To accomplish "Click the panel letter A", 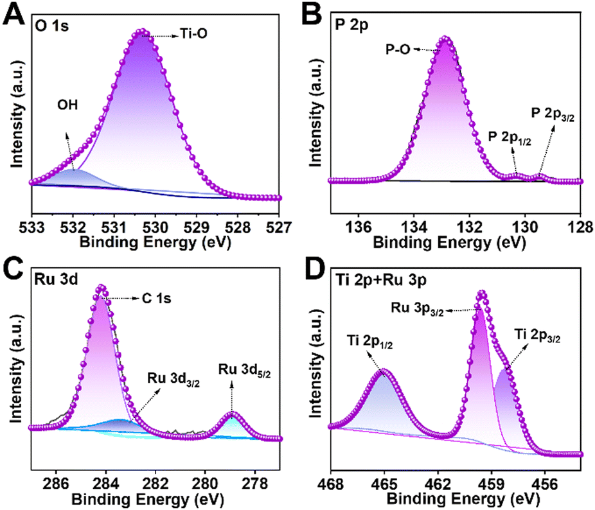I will pyautogui.click(x=13, y=13).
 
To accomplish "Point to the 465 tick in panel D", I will pyautogui.click(x=384, y=484).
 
